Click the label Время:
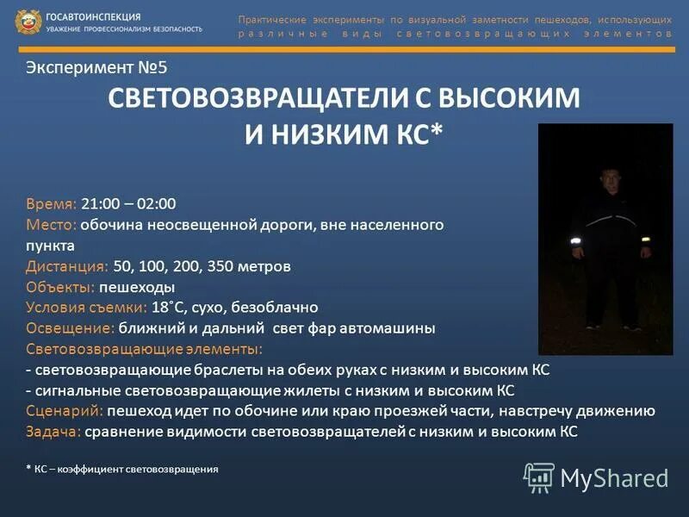pos(52,203)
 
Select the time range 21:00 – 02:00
pos(128,203)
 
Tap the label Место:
pos(52,224)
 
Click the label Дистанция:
pos(67,266)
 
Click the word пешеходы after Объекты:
pos(137,287)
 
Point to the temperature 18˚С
pos(169,308)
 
